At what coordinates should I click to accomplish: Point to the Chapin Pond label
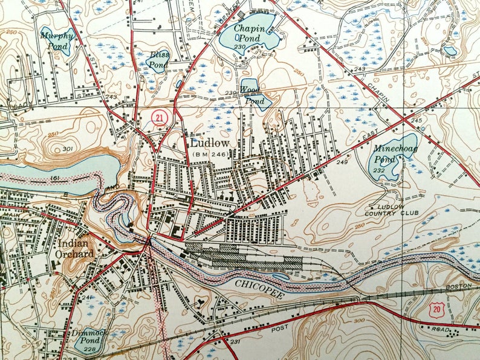point(247,33)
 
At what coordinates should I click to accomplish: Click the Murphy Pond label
point(57,40)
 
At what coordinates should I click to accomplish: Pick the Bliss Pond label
point(158,59)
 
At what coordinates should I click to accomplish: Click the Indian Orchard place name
point(77,248)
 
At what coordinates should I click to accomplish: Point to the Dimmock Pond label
point(88,336)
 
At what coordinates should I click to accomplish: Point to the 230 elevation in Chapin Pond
point(240,47)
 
